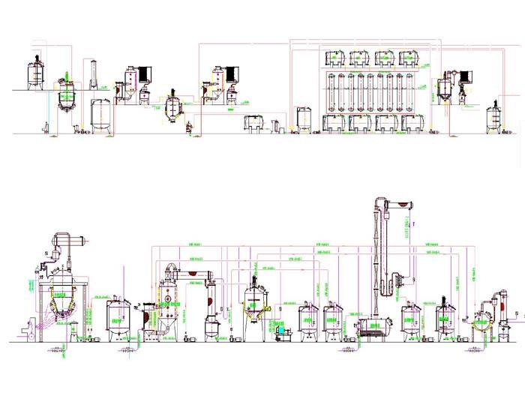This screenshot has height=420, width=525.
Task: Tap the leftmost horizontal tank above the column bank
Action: pyautogui.click(x=334, y=58)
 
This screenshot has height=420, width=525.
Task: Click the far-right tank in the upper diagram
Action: pyautogui.click(x=494, y=117)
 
